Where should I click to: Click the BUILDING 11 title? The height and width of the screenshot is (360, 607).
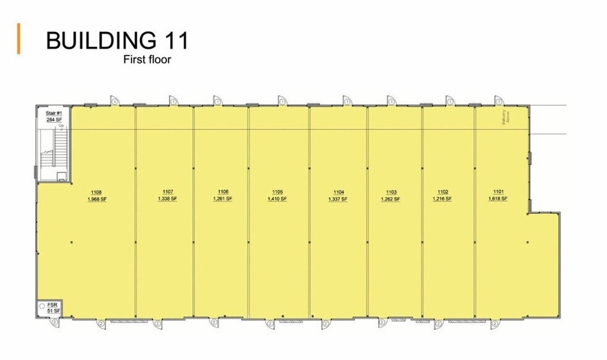117,41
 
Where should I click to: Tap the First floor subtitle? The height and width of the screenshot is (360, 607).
147,60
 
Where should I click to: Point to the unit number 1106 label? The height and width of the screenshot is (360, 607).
223,192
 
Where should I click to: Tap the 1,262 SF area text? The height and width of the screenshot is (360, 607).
390,199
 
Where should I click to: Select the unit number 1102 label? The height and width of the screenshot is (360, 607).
442,192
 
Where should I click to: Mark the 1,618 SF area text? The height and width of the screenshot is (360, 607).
498,199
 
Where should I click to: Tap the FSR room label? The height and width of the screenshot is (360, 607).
52,304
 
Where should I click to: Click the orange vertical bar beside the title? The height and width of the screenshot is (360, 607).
19,39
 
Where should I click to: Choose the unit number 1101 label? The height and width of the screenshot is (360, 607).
498,192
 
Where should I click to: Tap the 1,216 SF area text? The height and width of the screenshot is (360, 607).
442,199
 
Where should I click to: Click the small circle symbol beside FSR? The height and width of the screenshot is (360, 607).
41,306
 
